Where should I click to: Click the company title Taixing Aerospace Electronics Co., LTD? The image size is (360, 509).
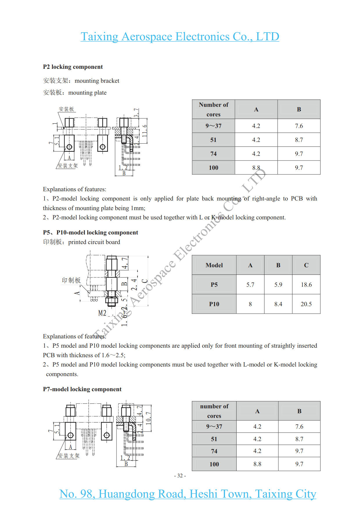click(x=180, y=37)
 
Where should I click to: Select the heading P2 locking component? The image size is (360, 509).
click(x=73, y=67)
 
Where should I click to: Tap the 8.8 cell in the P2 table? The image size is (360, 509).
click(x=256, y=168)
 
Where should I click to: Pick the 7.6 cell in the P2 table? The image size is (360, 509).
click(x=299, y=126)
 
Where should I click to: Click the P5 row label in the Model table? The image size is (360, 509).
click(x=214, y=285)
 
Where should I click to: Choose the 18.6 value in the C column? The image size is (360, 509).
click(x=306, y=285)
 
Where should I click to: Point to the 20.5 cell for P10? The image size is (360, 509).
click(x=306, y=304)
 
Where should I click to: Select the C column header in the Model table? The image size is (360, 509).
click(x=306, y=265)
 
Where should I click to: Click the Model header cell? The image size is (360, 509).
click(x=214, y=265)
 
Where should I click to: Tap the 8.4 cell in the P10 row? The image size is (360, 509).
click(x=278, y=304)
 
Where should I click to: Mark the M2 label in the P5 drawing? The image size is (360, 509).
click(x=102, y=313)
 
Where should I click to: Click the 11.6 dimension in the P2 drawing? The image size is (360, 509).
click(x=144, y=131)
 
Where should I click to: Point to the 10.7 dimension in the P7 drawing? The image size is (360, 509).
click(x=148, y=418)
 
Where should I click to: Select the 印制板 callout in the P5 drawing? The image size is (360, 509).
click(x=71, y=280)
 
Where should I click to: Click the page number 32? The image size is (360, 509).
click(x=180, y=476)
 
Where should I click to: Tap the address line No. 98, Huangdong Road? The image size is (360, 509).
click(x=188, y=494)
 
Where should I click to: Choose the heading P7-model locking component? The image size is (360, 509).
click(x=82, y=389)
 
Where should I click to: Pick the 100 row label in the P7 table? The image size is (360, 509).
click(x=214, y=464)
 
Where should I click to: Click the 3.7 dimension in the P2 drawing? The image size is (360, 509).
click(x=136, y=113)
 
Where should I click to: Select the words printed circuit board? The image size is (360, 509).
click(x=94, y=242)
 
